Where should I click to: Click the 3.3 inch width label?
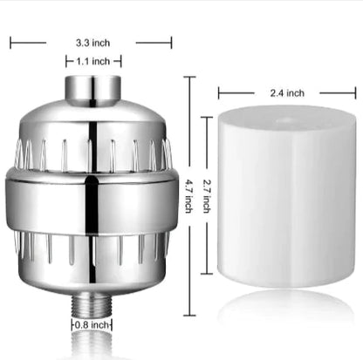point(92,40)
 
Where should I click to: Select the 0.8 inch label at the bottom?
point(93,325)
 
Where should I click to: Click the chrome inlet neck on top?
point(93,88)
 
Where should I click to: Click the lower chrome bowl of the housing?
point(93,257)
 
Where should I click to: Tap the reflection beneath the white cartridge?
point(286,309)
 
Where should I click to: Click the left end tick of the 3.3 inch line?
point(11,40)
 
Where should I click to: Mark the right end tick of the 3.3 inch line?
point(171,40)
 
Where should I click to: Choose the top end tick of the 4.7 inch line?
point(189,77)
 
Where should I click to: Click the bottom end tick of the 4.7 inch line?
point(189,313)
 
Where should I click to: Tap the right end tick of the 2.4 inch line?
point(355,92)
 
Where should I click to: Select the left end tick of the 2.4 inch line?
point(218,92)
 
